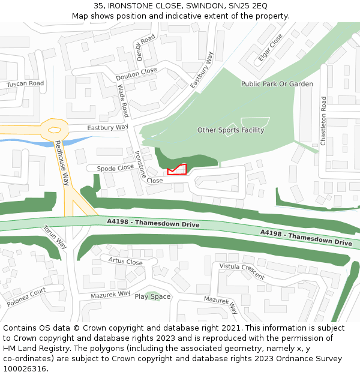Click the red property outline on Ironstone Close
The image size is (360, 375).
pos(177,170)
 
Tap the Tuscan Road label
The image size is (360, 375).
pos(25,84)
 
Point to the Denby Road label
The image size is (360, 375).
pos(145,47)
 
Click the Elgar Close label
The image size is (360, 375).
pos(270,47)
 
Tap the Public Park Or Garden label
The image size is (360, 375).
pos(277,84)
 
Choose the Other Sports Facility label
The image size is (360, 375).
pos(230,130)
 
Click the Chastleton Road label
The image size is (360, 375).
pos(323,121)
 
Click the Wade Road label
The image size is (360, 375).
pos(123,101)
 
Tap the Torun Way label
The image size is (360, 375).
pos(55,236)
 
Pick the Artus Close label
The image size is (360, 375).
pos(125,262)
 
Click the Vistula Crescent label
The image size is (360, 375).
pos(242,271)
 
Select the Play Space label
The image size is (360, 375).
pos(152,296)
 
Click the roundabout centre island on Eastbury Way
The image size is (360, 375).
pos(55,129)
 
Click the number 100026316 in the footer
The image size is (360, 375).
pos(24,368)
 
